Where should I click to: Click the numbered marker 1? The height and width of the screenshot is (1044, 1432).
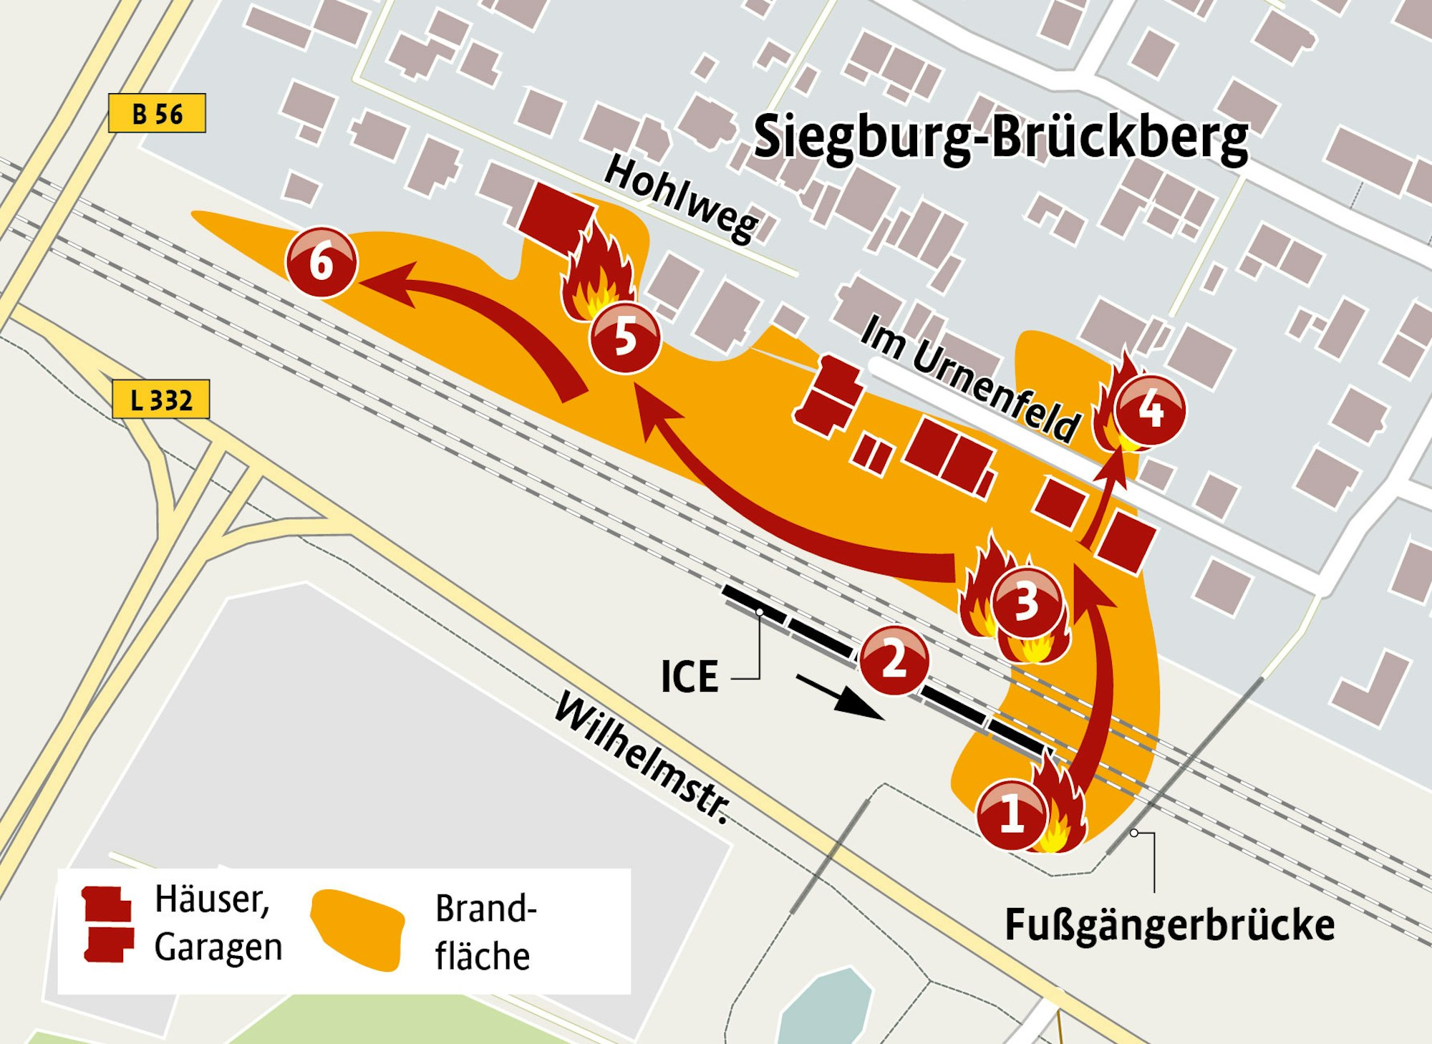click(x=1012, y=814)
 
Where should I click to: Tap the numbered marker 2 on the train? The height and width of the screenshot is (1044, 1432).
click(x=894, y=660)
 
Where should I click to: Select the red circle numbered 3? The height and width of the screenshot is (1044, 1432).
click(x=1026, y=601)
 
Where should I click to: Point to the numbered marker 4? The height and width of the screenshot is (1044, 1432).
click(x=1150, y=410)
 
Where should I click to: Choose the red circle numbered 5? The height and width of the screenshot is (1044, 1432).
click(x=624, y=337)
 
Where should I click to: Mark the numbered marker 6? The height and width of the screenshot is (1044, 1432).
click(x=321, y=262)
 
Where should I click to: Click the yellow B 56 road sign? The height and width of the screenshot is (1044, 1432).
click(x=157, y=114)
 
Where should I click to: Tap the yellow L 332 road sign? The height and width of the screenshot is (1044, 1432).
click(x=161, y=400)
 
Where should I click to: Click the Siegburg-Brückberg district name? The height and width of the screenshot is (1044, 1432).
click(x=1001, y=137)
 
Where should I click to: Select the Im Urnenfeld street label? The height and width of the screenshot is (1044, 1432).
click(x=969, y=378)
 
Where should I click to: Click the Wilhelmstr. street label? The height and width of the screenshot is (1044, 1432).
click(x=643, y=757)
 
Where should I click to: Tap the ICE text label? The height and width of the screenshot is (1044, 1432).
click(x=689, y=677)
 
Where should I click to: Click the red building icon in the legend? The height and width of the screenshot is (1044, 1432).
click(x=108, y=924)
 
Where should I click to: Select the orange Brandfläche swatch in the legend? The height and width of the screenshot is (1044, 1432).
click(x=358, y=929)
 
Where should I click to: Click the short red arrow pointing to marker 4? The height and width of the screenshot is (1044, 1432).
click(x=1103, y=501)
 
